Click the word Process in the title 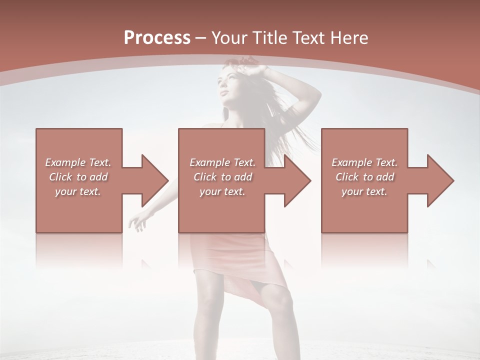[157, 38]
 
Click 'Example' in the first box [65, 162]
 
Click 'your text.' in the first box [78, 191]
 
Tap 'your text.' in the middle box [222, 191]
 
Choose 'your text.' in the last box [364, 191]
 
